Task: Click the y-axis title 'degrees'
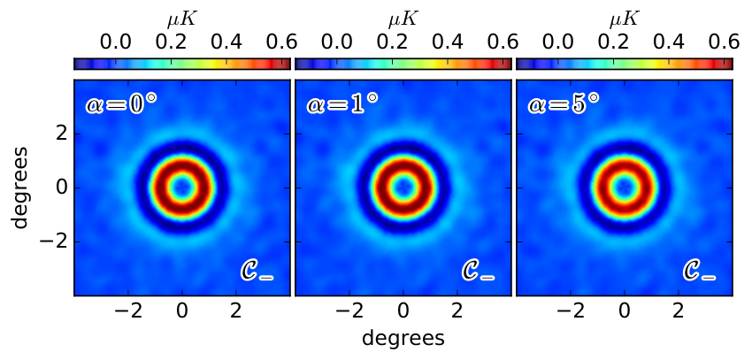[22, 188]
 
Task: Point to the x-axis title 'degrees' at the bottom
[403, 339]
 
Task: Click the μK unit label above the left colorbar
[181, 19]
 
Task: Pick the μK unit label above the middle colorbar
[403, 19]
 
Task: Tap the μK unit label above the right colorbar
[624, 19]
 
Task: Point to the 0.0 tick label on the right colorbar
[557, 43]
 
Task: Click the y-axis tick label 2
[61, 134]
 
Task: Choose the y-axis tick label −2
[54, 241]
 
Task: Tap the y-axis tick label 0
[61, 188]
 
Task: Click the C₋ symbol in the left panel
[257, 272]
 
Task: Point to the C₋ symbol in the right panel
[699, 272]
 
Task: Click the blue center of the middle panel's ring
[403, 187]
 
